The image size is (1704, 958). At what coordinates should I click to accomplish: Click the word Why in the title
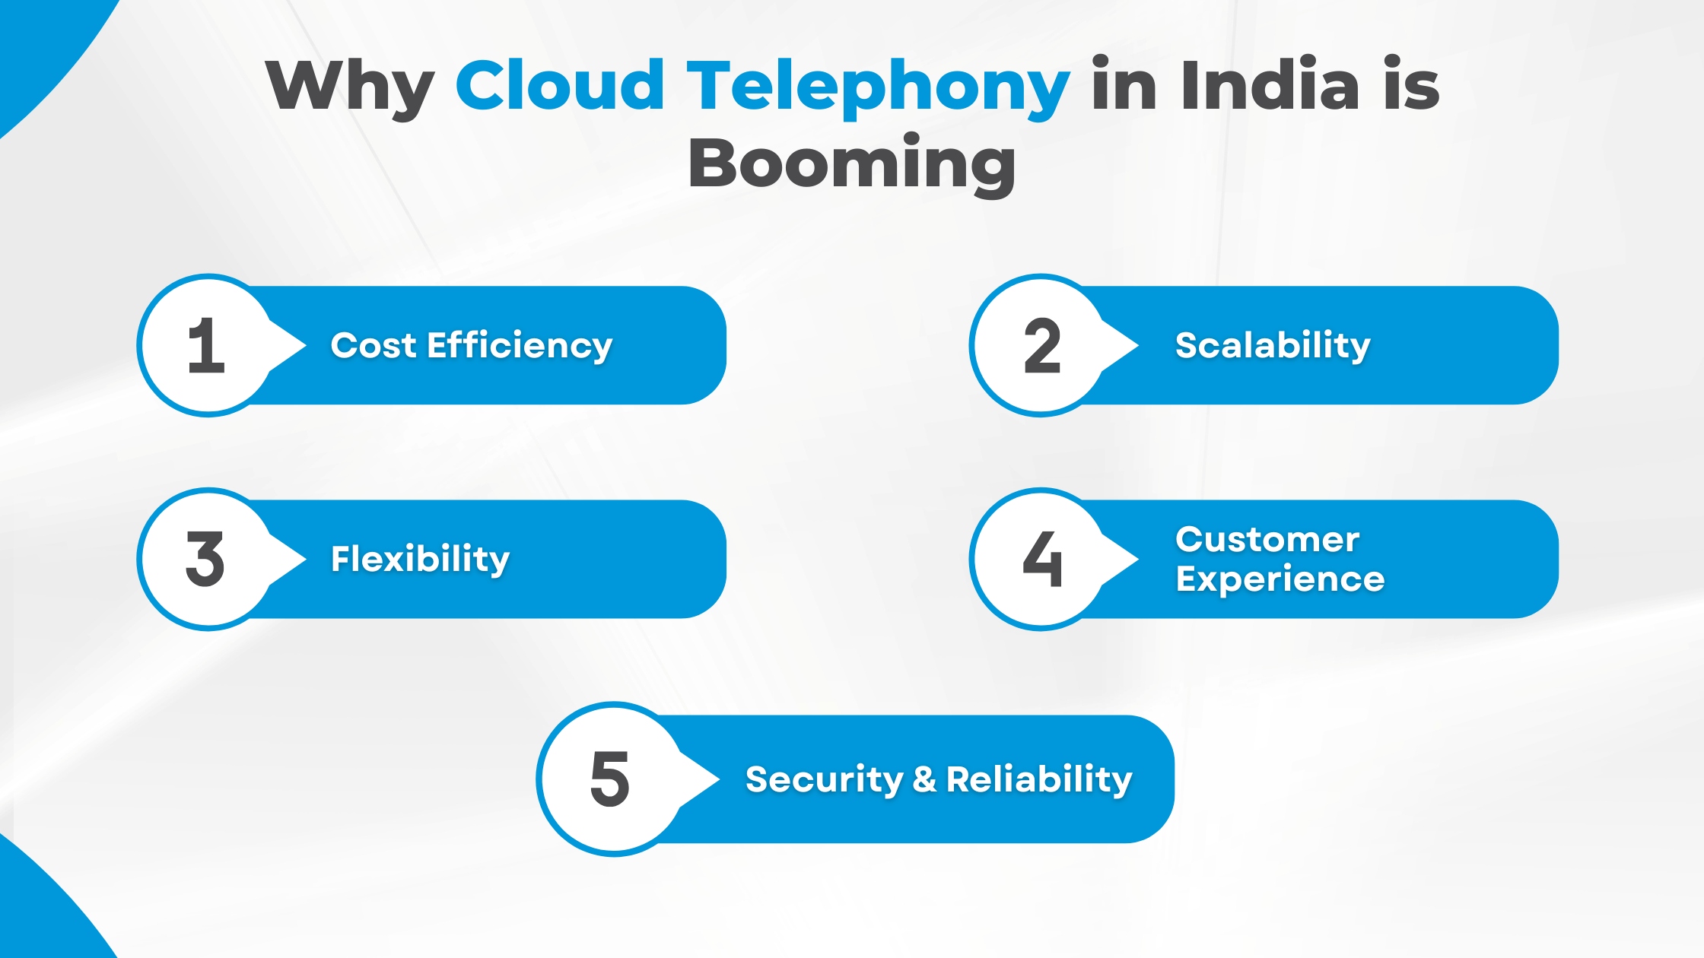click(x=349, y=86)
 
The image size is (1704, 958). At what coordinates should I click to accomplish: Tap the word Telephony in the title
click(x=878, y=86)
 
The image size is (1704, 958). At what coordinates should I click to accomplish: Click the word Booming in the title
click(x=851, y=164)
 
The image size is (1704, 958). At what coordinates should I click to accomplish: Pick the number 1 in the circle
click(x=206, y=346)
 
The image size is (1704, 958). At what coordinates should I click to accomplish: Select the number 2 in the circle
click(x=1041, y=346)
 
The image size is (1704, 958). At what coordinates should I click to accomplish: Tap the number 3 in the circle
click(x=205, y=560)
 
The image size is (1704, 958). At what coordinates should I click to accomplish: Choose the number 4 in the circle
click(x=1042, y=560)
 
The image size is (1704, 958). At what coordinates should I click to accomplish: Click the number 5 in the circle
click(x=610, y=779)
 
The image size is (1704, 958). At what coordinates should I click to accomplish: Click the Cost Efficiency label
click(x=471, y=346)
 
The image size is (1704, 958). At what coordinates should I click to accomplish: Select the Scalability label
click(x=1273, y=346)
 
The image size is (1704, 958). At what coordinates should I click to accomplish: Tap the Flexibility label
click(x=420, y=560)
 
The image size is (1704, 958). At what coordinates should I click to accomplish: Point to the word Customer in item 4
click(x=1267, y=540)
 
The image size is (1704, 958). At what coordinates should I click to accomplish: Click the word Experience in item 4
click(x=1280, y=580)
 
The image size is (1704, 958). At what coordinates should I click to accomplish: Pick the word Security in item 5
click(x=825, y=780)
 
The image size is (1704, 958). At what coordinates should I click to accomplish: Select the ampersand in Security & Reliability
click(x=924, y=779)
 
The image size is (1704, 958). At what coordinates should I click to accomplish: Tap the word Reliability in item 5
click(x=1039, y=780)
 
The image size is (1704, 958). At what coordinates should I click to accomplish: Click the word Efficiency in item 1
click(x=520, y=346)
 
